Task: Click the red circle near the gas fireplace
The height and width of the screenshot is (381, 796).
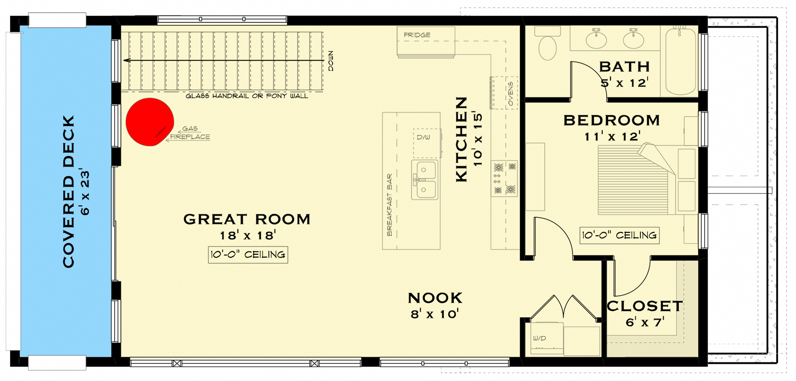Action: coord(149,122)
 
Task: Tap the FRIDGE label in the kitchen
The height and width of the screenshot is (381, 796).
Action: coord(417,35)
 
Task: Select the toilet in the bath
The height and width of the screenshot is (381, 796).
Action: coord(547,44)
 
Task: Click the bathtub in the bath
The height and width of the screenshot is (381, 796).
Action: coord(680,61)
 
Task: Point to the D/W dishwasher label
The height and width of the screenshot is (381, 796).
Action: coord(423,137)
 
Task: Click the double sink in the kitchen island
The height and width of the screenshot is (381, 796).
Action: coord(424,180)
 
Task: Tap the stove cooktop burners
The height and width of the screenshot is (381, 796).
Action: coord(504,178)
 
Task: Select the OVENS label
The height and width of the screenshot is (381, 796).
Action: coord(511,93)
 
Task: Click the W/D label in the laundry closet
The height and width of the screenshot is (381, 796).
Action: coord(539,338)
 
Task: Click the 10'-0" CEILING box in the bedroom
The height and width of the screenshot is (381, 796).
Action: coord(619,235)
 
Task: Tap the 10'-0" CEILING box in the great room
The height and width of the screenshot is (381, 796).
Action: coord(248,255)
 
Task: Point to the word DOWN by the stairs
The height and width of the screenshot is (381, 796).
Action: coord(331,61)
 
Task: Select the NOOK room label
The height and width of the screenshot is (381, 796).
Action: coord(435,298)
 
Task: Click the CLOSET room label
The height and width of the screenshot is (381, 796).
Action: coord(645,306)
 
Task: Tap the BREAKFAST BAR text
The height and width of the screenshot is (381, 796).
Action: coord(390,205)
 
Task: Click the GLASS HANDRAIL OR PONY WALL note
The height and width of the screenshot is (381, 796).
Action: coord(247,96)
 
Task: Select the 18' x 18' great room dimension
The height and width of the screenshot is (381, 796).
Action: coord(248,235)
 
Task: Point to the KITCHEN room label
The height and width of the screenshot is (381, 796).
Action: coord(462,140)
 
